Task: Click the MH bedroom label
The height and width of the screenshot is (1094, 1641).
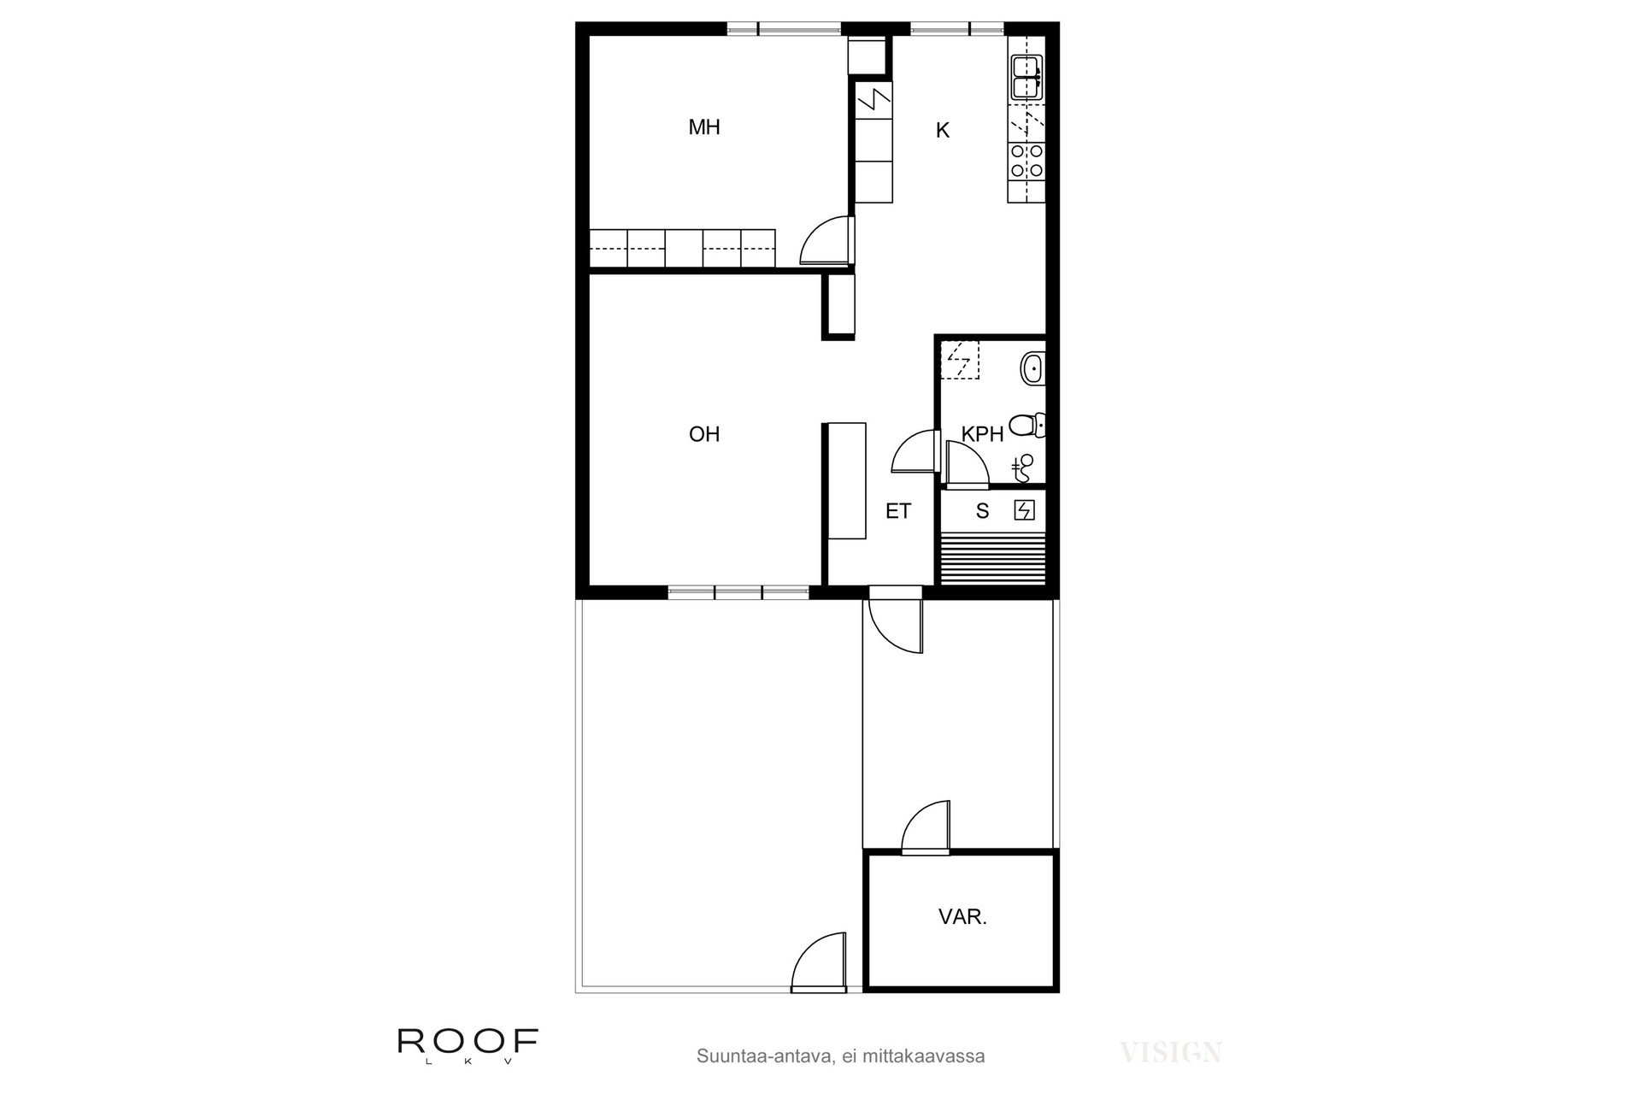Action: pos(704,127)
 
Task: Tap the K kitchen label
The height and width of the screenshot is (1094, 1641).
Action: pos(943,131)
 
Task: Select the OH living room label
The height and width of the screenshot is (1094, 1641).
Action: pos(704,434)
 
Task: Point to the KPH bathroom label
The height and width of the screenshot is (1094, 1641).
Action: pos(982,434)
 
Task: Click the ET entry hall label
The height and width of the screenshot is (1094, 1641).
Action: pos(898,511)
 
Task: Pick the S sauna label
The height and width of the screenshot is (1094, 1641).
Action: pos(983,511)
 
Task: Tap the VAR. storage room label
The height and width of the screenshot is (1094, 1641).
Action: pos(962,918)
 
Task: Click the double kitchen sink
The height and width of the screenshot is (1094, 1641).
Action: pos(1026,77)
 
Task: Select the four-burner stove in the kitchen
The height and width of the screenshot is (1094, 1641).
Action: pos(1026,161)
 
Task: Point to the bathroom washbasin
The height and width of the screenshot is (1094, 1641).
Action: pos(1032,369)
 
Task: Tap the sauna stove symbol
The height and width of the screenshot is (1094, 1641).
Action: pos(1024,511)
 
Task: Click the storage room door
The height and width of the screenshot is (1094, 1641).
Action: pos(926,827)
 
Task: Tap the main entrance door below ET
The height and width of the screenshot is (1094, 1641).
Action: pos(896,625)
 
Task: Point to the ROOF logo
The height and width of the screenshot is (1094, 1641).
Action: pos(468,1044)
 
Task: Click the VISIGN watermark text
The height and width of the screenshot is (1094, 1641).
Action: pos(1171,1052)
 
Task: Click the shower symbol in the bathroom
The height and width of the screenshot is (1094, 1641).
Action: pos(1021,467)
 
